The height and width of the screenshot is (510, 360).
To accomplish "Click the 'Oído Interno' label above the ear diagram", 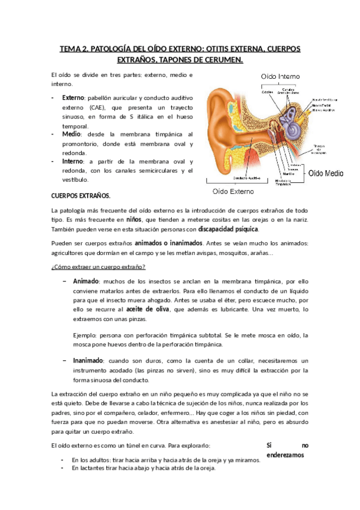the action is [280, 76].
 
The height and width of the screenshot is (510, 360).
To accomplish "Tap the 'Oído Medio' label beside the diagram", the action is [326, 173].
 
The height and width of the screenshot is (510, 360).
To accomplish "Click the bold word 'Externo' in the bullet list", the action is [73, 98].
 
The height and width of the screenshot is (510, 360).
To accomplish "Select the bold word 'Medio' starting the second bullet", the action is [72, 134].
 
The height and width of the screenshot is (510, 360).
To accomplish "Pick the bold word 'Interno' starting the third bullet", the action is [73, 161].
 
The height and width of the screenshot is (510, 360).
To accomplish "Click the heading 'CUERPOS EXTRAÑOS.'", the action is [81, 196].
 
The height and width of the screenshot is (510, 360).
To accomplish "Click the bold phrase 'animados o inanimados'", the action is [168, 243].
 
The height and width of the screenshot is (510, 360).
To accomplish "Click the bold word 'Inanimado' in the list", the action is [88, 360].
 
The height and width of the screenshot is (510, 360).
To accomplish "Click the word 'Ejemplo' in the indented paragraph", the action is [83, 334].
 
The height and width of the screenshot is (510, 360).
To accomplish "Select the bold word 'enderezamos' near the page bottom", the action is [286, 455].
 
